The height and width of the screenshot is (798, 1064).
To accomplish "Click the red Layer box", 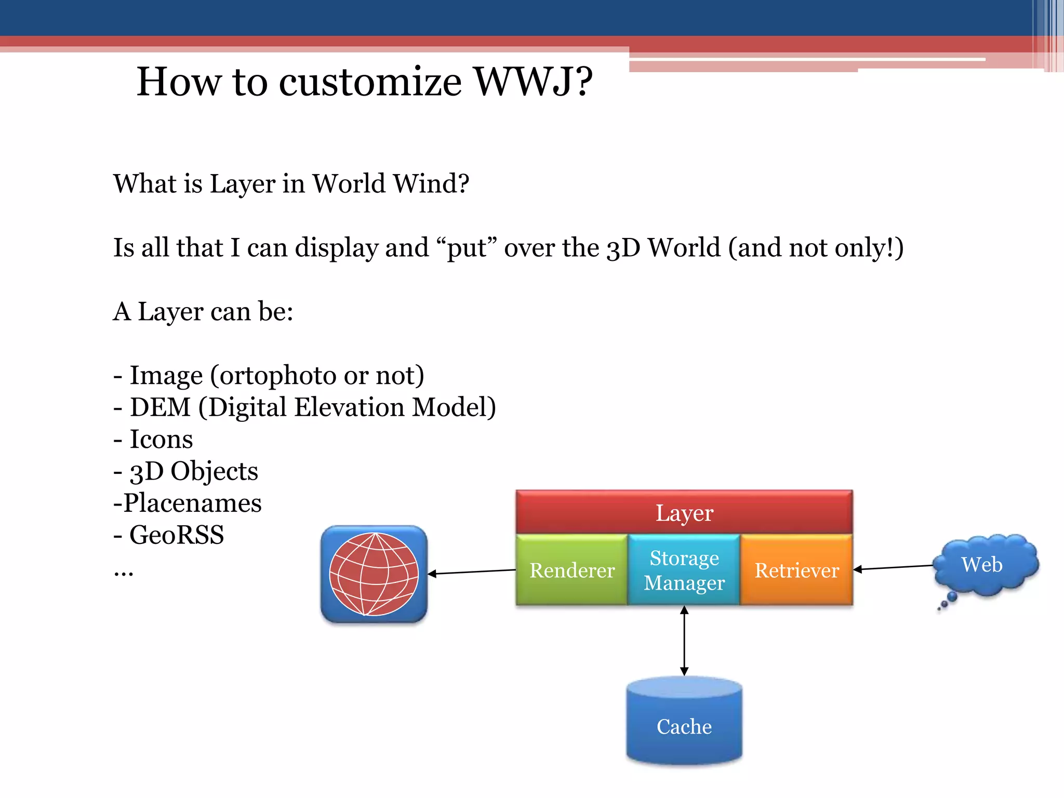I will tap(684, 512).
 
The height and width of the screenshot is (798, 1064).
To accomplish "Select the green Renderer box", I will tap(571, 570).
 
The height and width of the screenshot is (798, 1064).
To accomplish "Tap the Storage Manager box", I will tap(684, 570).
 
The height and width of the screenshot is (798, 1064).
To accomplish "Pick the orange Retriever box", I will tap(796, 570).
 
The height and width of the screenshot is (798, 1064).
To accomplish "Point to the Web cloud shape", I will tap(983, 565).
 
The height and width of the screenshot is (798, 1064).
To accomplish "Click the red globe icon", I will tap(374, 574).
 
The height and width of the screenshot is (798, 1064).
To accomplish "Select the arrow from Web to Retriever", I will tap(894, 567).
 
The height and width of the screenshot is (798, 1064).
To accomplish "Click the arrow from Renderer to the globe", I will tap(472, 572).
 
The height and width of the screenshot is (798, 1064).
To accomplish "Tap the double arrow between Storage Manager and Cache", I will tap(684, 641).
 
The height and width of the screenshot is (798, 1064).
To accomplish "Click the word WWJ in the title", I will tap(533, 82).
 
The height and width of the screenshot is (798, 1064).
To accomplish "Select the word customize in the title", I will tap(370, 82).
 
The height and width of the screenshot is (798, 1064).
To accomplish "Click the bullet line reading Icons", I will tap(161, 440).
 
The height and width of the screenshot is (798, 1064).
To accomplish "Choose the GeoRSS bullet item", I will tap(176, 535).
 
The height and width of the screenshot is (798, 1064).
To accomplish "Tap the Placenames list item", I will tap(192, 503).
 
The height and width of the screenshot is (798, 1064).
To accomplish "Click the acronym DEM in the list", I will tap(160, 407).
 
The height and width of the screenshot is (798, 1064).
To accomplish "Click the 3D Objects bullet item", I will tap(193, 471).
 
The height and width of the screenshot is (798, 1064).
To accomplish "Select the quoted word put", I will tap(466, 248).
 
